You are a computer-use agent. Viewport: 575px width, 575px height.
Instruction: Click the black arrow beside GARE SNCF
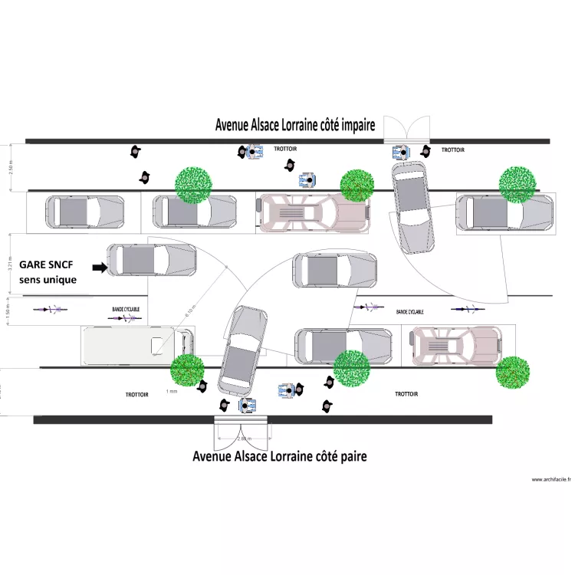tap(99, 268)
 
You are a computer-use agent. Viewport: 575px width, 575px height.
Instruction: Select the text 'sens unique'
tap(48, 279)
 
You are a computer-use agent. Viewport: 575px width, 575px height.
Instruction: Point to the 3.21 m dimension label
tap(10, 265)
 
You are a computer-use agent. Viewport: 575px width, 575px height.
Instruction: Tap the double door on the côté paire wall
tap(241, 433)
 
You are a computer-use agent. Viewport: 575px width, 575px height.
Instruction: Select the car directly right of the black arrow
tap(152, 260)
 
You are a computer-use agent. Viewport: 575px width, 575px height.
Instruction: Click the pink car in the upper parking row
tap(311, 212)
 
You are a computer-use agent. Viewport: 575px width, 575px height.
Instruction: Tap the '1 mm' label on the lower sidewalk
tap(171, 391)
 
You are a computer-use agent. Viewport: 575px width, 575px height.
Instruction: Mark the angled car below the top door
tap(412, 206)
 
